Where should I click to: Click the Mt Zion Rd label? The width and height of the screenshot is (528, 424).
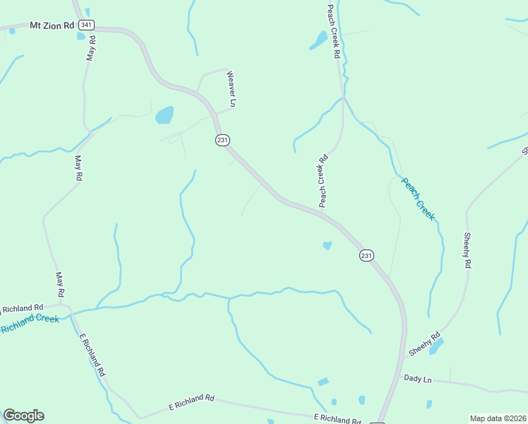click(x=52, y=25)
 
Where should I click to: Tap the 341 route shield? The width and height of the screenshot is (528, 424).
click(x=86, y=25)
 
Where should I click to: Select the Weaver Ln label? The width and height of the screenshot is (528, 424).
click(x=230, y=89)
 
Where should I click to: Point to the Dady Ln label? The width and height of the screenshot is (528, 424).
click(x=417, y=378)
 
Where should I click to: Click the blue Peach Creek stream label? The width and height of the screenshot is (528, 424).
click(x=418, y=199)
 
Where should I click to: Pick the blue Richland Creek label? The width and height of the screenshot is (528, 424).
click(x=30, y=324)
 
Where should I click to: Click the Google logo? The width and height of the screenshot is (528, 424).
click(x=23, y=416)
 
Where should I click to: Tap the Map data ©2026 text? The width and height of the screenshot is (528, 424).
click(x=497, y=418)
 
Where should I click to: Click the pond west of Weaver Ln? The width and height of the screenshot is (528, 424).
click(x=164, y=114)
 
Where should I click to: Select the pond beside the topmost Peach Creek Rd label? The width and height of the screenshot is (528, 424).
click(x=318, y=40)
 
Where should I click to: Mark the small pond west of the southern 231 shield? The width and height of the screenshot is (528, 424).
click(x=327, y=245)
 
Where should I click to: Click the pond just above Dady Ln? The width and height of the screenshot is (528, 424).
click(x=436, y=346)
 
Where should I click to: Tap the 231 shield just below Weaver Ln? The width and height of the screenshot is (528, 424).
click(x=222, y=140)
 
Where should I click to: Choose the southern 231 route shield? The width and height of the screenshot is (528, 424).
click(x=366, y=256)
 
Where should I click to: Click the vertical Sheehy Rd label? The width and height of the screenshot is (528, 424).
click(x=467, y=250)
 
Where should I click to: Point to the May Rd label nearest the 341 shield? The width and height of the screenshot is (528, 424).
click(x=91, y=47)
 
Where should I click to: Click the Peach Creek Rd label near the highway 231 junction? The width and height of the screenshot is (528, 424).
click(x=323, y=181)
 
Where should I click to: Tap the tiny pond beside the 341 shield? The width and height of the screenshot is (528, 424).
click(x=81, y=36)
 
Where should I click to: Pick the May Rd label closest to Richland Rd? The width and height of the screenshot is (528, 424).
click(x=61, y=284)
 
